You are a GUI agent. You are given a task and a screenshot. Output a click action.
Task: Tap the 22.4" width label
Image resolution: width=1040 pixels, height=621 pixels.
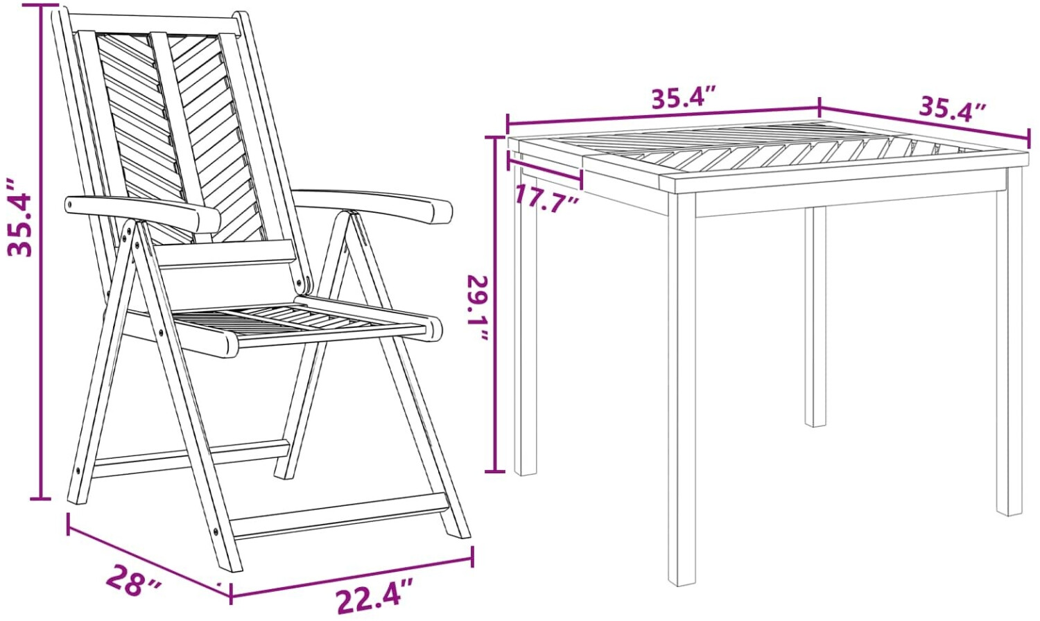[x=374, y=598]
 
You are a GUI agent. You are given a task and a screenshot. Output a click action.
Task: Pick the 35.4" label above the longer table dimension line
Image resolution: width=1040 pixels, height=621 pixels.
[x=681, y=98]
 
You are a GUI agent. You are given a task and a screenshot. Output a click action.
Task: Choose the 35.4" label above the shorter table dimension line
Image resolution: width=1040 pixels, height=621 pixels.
[x=952, y=110]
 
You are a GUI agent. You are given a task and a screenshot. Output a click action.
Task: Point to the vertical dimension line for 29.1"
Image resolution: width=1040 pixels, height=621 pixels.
[x=495, y=304]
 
